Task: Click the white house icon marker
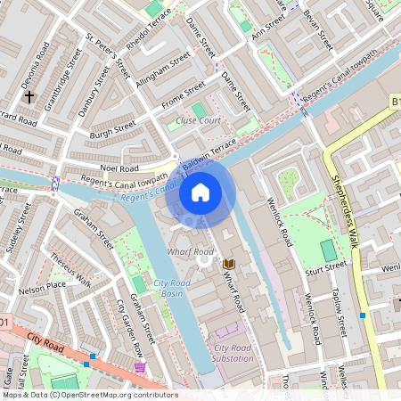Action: tap(200, 192)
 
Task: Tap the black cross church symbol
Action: tap(29, 95)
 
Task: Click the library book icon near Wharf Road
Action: tap(229, 264)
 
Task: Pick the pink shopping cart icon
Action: tap(140, 367)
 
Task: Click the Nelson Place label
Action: tap(43, 287)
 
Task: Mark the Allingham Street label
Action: tap(167, 65)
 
